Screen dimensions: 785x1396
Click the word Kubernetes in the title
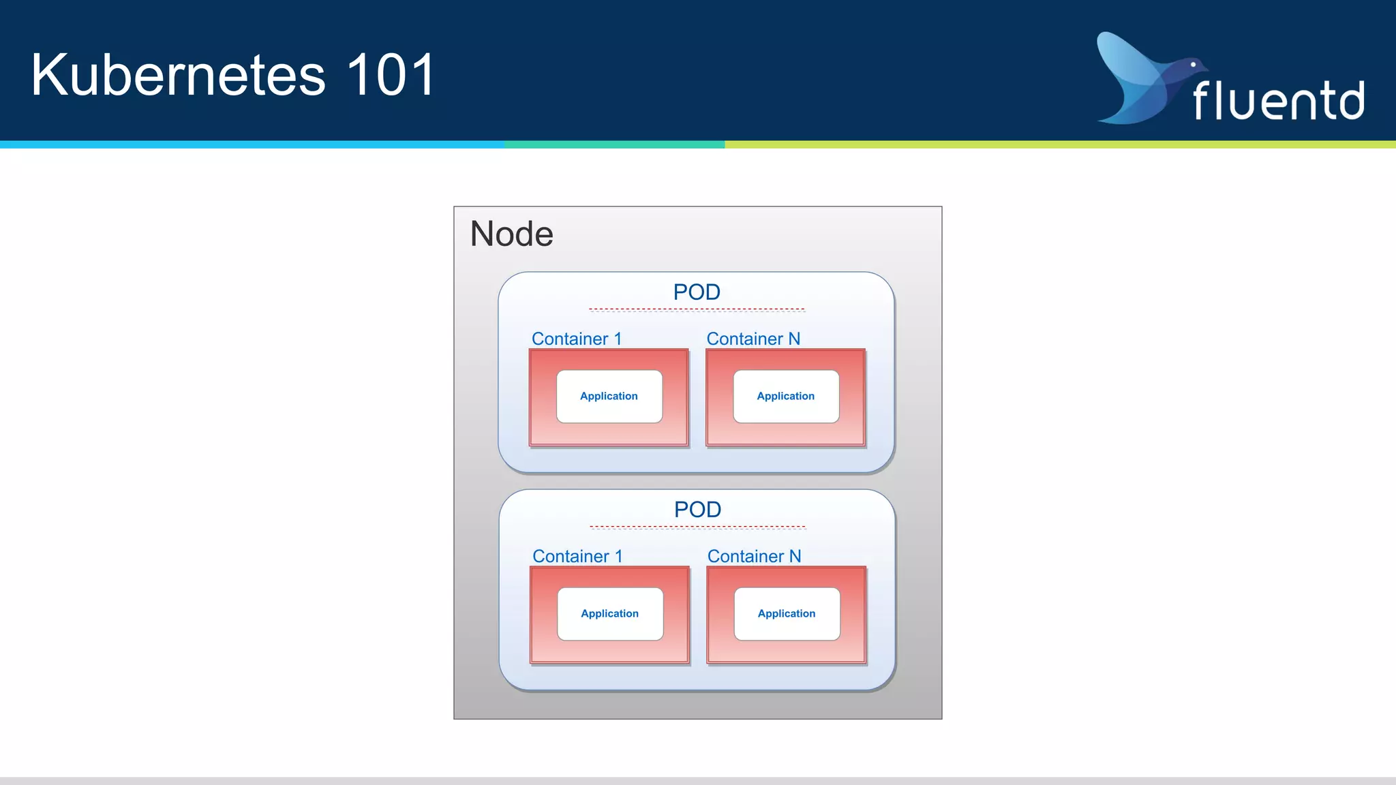point(178,75)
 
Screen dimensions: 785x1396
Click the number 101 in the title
point(391,75)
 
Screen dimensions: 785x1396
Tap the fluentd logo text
point(1278,101)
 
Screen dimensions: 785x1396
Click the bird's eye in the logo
point(1193,65)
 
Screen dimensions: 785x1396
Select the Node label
point(511,234)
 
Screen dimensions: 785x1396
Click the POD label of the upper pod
point(697,292)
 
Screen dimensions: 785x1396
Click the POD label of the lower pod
point(697,509)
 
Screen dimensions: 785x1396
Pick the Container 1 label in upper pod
point(577,339)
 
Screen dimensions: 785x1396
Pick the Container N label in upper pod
point(753,339)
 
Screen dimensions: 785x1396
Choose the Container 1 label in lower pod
point(577,556)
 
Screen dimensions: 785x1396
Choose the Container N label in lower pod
point(754,556)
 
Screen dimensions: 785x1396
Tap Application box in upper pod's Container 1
point(609,396)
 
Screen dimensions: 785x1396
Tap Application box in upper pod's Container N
point(786,396)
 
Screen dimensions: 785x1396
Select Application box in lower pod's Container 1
point(610,613)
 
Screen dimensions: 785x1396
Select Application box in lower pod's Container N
point(787,613)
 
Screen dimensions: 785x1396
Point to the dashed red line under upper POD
point(697,309)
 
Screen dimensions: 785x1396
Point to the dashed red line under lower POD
point(697,527)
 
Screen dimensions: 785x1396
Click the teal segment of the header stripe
point(613,144)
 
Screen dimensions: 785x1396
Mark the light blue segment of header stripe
point(252,144)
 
